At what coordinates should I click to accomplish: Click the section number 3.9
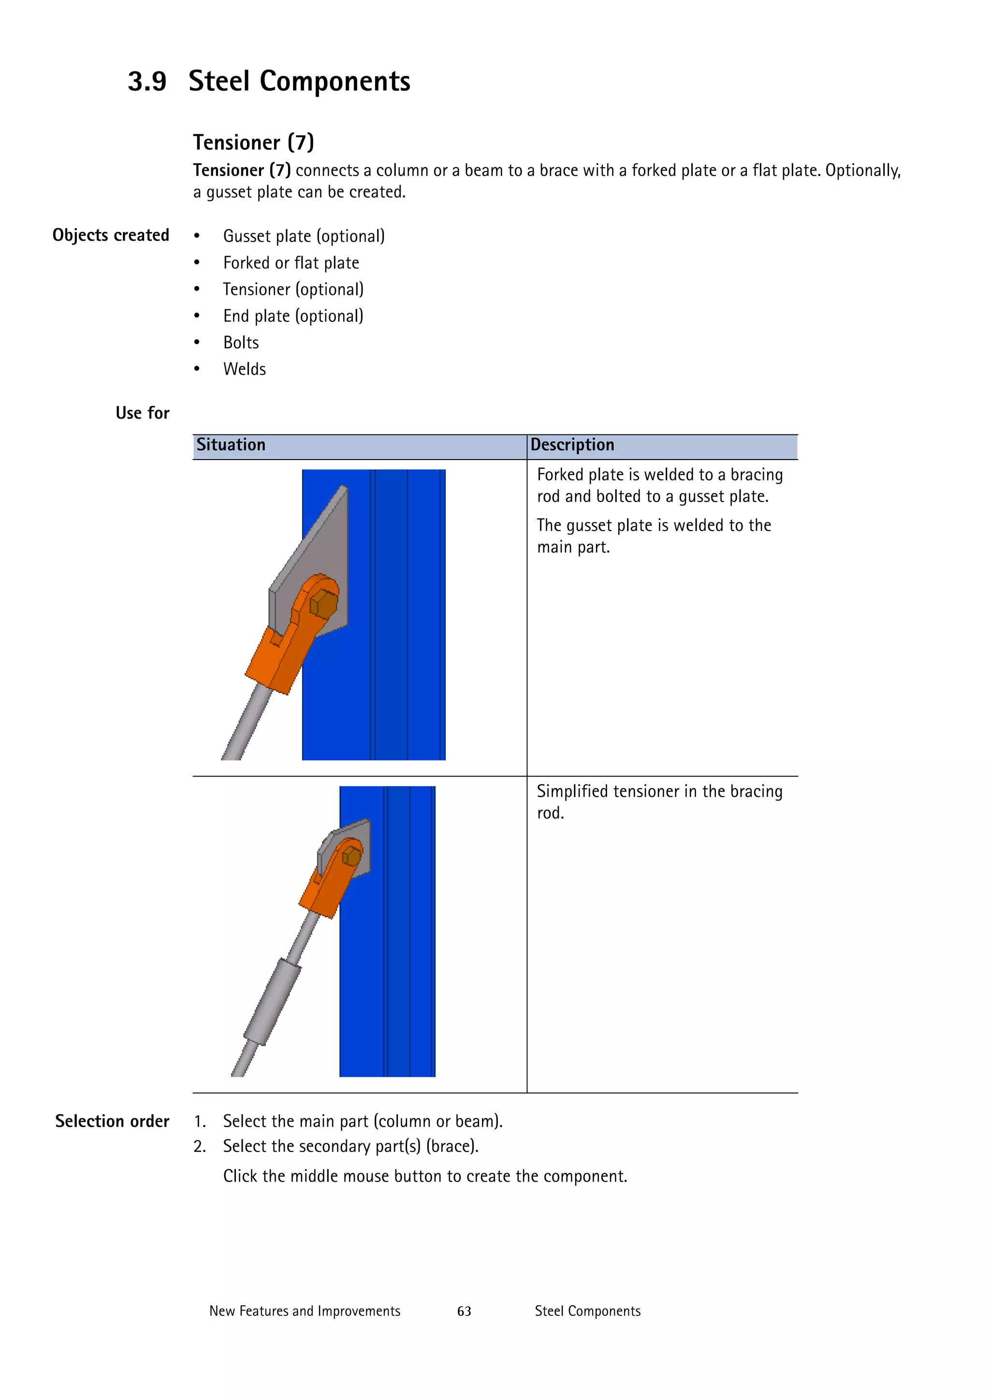tap(147, 82)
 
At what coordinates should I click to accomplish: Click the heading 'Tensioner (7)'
tap(253, 142)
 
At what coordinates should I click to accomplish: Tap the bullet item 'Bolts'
tap(241, 343)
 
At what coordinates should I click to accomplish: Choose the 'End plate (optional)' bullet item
tap(293, 317)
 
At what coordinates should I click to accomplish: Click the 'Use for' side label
tap(142, 413)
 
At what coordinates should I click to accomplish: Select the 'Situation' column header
tap(231, 445)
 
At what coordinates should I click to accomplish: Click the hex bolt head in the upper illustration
tap(323, 604)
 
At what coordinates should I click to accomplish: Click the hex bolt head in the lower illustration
tap(351, 855)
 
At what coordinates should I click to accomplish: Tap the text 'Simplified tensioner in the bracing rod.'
tap(659, 802)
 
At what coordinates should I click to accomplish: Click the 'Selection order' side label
tap(112, 1121)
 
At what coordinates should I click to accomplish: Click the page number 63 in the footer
tap(464, 1312)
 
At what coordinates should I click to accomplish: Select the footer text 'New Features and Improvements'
tap(305, 1312)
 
